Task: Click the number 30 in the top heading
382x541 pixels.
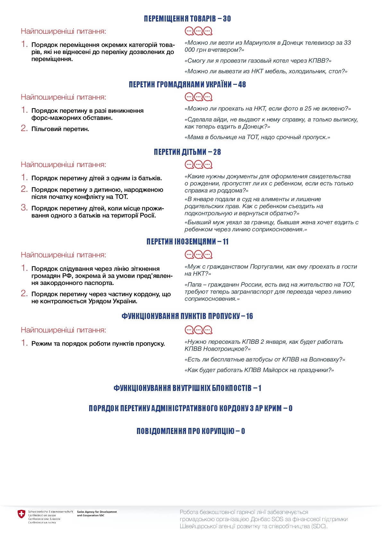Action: pos(227,19)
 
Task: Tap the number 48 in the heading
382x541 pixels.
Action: pos(242,84)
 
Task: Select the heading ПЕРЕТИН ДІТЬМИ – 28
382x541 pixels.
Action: pos(187,152)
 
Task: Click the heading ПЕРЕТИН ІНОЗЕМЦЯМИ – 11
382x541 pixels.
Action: pos(187,242)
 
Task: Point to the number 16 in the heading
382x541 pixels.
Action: pos(249,316)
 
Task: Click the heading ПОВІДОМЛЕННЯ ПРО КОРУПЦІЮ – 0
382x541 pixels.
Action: pos(191,431)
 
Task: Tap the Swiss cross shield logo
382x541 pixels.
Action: pos(21,514)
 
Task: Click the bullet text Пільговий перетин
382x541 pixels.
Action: pos(60,129)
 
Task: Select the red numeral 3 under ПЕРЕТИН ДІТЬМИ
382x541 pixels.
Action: pos(24,208)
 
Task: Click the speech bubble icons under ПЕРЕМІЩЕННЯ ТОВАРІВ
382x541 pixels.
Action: pos(199,31)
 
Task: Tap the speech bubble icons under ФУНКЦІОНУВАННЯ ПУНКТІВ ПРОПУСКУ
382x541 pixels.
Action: pos(199,330)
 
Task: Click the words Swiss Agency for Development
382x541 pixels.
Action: pos(97,512)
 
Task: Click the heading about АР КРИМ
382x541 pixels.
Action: pos(191,408)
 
